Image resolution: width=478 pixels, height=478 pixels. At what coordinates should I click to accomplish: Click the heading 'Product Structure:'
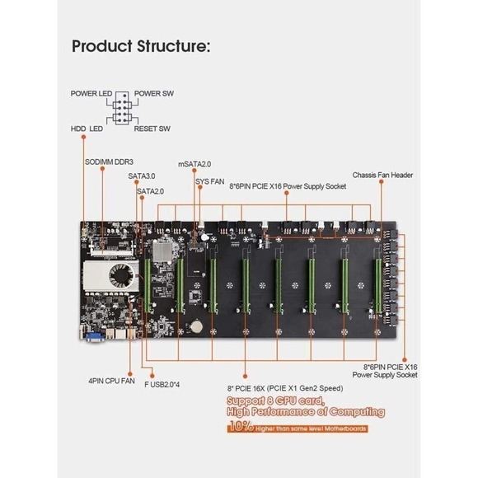pos(141,46)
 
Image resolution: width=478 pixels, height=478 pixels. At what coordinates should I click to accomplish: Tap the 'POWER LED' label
pos(91,94)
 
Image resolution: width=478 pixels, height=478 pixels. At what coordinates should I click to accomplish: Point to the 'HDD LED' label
pos(87,129)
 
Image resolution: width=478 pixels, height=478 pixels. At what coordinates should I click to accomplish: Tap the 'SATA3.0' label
pos(141,176)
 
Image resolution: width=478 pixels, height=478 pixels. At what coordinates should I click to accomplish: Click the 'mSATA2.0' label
pos(195,164)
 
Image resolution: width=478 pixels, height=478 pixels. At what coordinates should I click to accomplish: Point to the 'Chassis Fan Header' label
pos(382,175)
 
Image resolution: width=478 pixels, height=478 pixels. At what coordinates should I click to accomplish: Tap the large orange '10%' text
pos(241,428)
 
